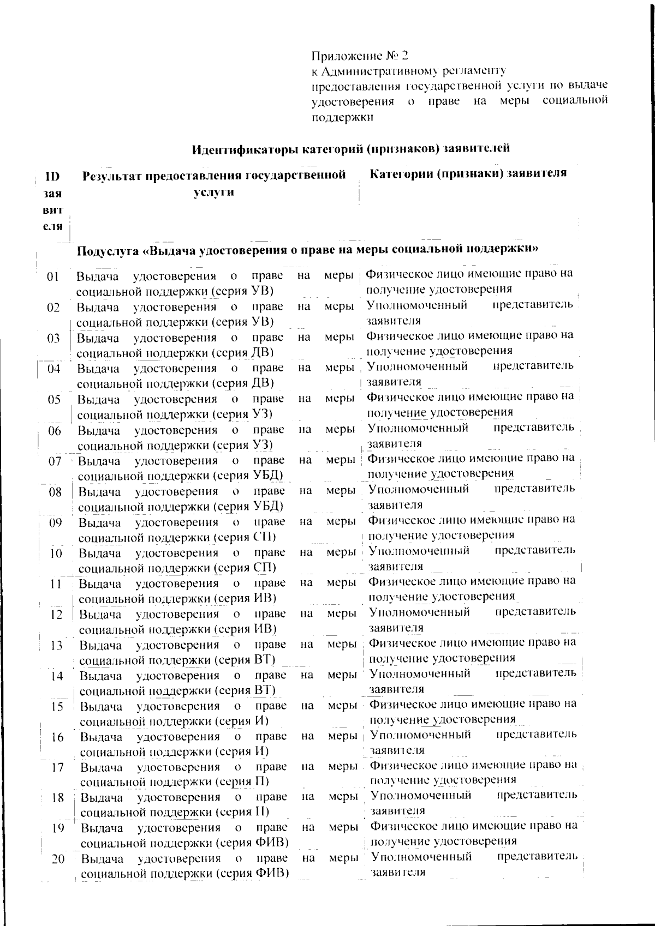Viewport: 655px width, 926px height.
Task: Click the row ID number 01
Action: point(53,276)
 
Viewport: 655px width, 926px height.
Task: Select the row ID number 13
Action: point(56,646)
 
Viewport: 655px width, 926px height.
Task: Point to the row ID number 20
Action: point(58,861)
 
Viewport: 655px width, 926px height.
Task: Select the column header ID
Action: point(53,176)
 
